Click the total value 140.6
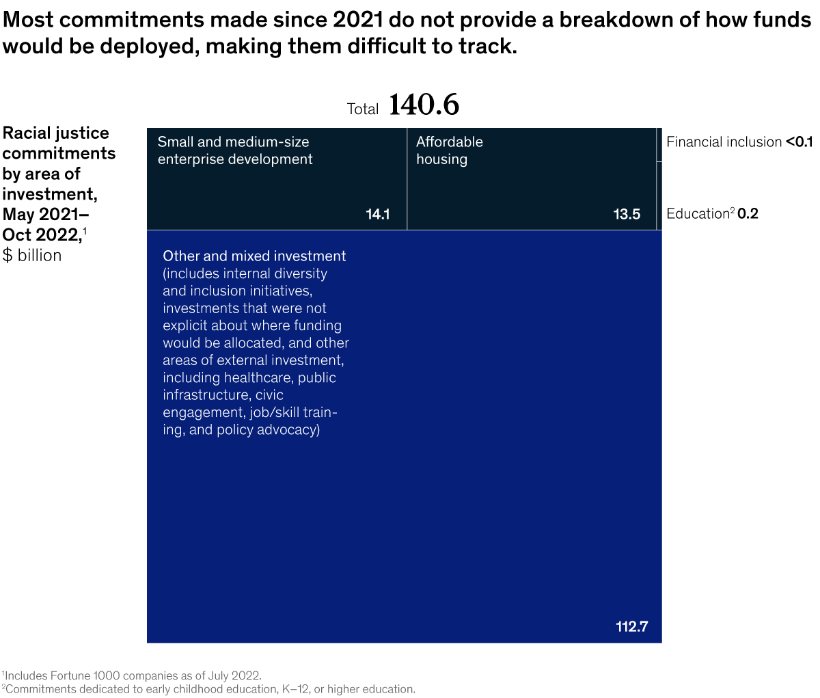pyautogui.click(x=424, y=105)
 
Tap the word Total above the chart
pyautogui.click(x=363, y=109)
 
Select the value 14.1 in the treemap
pyautogui.click(x=377, y=214)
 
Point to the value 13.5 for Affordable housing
pyautogui.click(x=627, y=214)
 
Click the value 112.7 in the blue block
pyautogui.click(x=631, y=626)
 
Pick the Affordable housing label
pyautogui.click(x=450, y=150)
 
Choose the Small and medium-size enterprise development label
pyautogui.click(x=234, y=150)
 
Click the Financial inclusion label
pyautogui.click(x=724, y=142)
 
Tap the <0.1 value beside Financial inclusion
pyautogui.click(x=799, y=142)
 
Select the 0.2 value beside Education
pyautogui.click(x=748, y=214)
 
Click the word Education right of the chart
pyautogui.click(x=698, y=214)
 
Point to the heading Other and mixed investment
pyautogui.click(x=254, y=256)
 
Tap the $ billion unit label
pyautogui.click(x=32, y=256)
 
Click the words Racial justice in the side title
pyautogui.click(x=56, y=133)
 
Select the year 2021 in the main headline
pyautogui.click(x=357, y=20)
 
